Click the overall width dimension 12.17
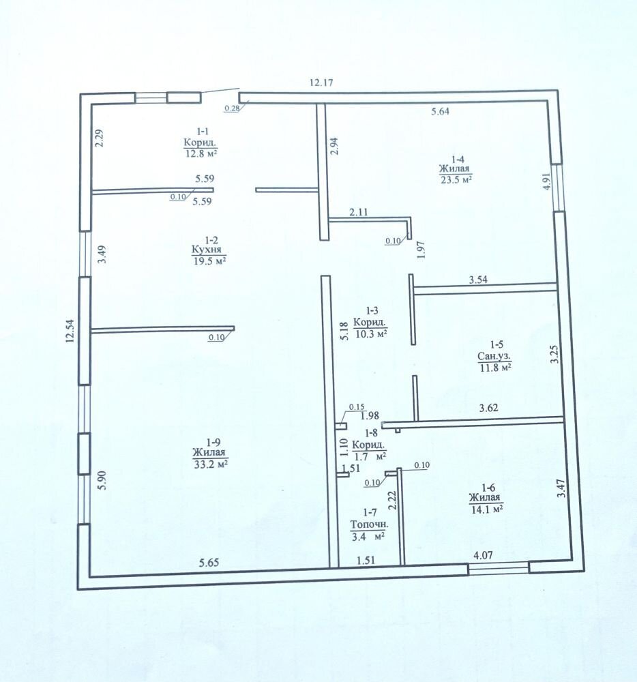point(321,83)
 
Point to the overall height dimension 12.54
point(70,331)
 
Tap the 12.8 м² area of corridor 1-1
point(201,153)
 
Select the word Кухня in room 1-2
point(207,250)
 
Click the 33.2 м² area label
point(211,464)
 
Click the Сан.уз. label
point(494,356)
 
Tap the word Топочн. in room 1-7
point(370,524)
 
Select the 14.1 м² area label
point(487,508)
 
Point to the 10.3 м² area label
point(371,333)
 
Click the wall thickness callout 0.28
point(232,108)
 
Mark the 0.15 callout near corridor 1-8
point(357,407)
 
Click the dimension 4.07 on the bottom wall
point(483,555)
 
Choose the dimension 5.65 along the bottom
point(209,563)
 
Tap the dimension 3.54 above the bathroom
point(478,280)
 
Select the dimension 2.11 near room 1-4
point(358,212)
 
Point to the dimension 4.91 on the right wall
point(546,181)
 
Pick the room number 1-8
point(371,433)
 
